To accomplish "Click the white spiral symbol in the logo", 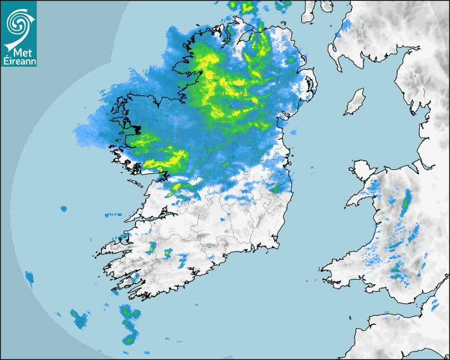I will point(18,22).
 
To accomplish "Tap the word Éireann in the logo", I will point(19,62).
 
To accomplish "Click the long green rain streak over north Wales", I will point(407,202).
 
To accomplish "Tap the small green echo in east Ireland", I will point(275,187).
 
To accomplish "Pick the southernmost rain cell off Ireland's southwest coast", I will point(129,338).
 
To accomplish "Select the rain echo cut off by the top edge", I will point(247,6).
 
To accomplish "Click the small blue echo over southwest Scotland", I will point(346,24).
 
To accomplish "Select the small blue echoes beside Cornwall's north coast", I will point(435,304).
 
